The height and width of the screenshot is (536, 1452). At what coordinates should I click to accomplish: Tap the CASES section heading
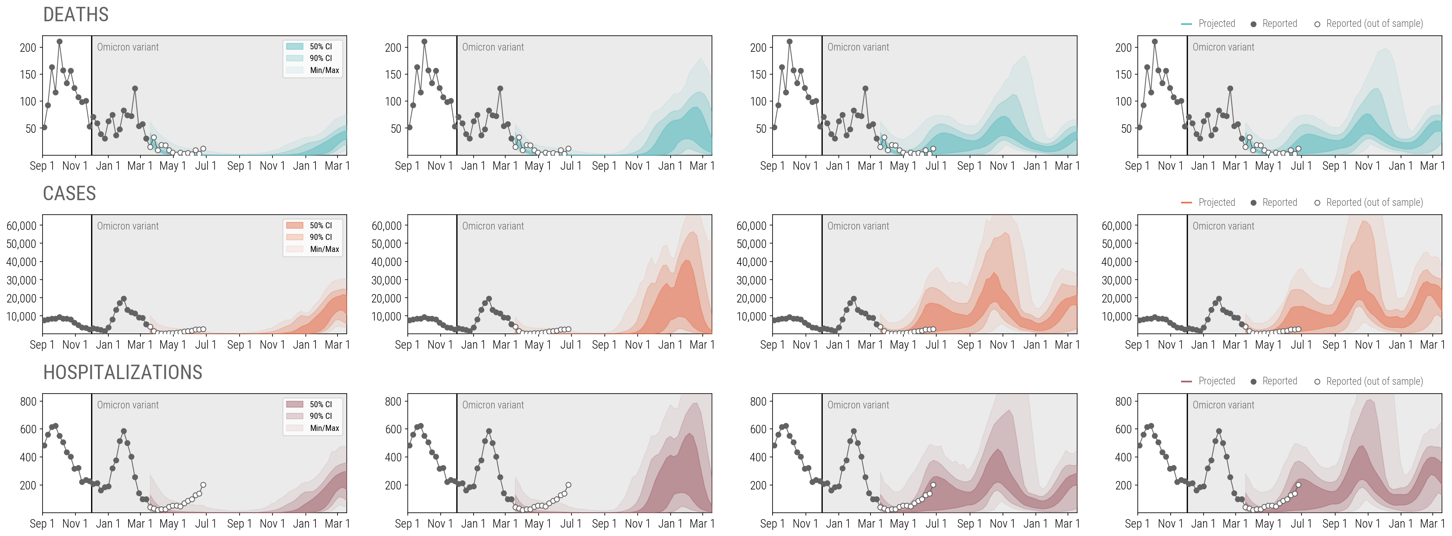click(69, 193)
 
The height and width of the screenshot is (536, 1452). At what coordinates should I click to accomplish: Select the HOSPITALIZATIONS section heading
click(122, 373)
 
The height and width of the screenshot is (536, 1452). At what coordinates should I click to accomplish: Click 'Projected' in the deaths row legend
click(1216, 24)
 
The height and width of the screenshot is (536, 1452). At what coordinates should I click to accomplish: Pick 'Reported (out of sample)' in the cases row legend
click(1374, 202)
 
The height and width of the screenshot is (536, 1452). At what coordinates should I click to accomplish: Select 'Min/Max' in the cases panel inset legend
click(324, 249)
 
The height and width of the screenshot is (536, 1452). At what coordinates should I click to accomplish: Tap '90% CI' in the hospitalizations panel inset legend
click(320, 416)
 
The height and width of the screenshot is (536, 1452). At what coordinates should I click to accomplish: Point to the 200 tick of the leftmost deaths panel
click(28, 48)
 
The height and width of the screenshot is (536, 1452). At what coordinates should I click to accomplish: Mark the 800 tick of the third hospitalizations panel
click(758, 402)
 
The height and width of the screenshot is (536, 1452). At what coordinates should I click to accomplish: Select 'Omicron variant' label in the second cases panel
click(493, 226)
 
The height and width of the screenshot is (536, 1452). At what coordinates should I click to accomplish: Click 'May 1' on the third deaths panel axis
click(903, 166)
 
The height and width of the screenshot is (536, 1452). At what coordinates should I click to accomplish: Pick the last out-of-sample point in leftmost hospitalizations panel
click(203, 485)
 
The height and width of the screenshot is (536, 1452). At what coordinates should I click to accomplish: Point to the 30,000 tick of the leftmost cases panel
click(21, 280)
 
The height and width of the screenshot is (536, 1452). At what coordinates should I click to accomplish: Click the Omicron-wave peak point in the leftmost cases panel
click(124, 299)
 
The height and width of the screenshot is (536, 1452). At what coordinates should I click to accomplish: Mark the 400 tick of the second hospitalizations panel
click(393, 457)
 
